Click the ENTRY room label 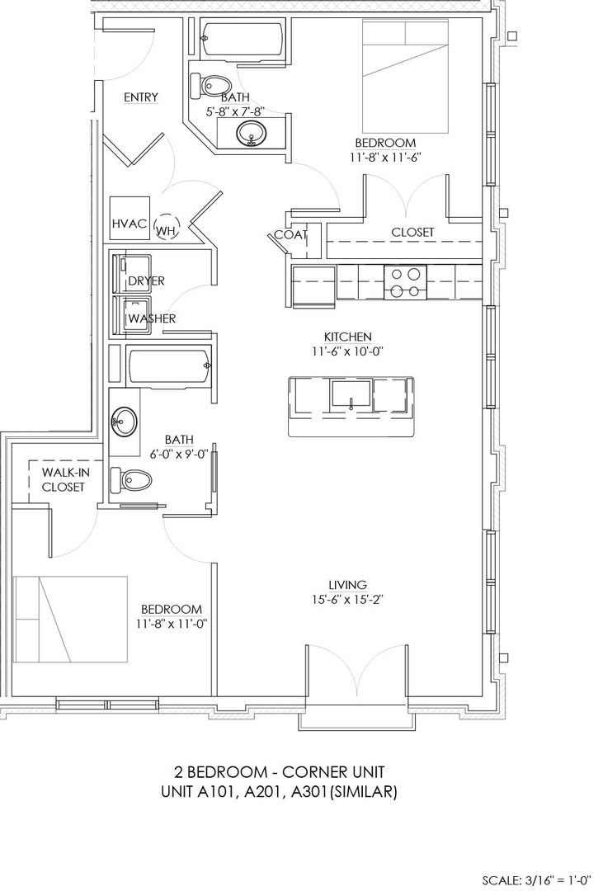[x=140, y=97]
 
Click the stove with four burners [x=406, y=282]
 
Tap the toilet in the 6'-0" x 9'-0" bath [x=130, y=479]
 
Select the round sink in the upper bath [x=249, y=134]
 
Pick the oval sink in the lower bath [x=124, y=422]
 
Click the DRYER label [x=146, y=280]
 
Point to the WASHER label [x=152, y=318]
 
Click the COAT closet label [x=291, y=234]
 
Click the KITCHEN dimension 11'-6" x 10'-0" [x=348, y=351]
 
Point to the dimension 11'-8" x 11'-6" [x=385, y=158]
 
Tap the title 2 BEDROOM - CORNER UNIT [x=279, y=772]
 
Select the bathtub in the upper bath [x=243, y=40]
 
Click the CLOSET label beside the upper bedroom [x=412, y=233]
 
